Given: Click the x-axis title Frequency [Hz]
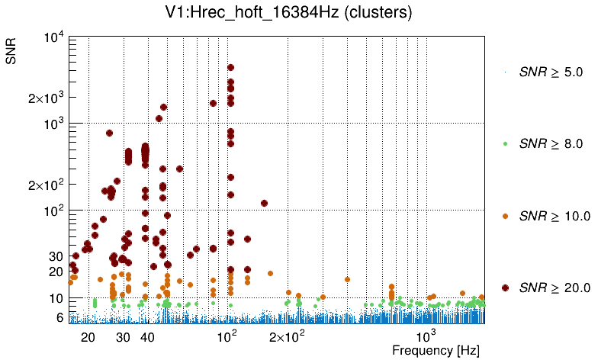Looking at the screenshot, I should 436,350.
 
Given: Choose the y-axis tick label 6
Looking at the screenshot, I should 59,317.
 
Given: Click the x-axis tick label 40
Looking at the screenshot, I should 148,336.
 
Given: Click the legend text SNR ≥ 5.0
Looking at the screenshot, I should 550,72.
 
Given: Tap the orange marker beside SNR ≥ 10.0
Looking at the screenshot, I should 505,216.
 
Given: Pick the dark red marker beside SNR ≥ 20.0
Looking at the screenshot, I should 505,288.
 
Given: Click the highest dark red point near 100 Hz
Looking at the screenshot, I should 230,68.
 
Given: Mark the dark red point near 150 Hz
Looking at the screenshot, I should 264,203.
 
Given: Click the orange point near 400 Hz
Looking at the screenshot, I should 347,279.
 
